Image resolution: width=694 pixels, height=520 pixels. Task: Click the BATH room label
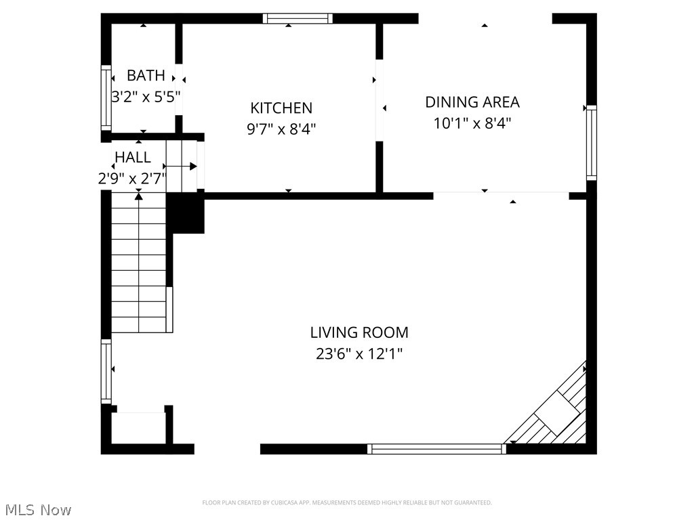146,75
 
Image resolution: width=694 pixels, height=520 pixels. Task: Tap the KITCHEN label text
281,108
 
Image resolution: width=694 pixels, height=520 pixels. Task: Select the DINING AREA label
472,102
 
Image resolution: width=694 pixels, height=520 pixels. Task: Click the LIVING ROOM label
359,332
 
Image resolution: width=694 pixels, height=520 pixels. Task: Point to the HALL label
133,157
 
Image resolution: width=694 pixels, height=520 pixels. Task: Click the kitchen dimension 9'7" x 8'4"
281,129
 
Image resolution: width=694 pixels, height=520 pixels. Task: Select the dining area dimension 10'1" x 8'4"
472,123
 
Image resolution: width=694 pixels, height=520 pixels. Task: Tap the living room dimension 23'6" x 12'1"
359,353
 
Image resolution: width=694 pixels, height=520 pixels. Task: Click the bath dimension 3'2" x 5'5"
146,96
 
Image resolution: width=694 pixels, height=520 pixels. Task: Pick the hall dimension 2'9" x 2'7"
132,178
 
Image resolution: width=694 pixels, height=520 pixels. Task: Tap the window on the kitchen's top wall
298,18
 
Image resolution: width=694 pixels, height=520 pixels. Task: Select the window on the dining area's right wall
592,143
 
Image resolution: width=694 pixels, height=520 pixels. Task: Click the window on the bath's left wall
106,97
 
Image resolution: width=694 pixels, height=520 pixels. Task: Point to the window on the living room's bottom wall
436,448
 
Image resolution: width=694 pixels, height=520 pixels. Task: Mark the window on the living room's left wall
106,371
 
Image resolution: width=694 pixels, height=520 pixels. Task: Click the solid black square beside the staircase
185,213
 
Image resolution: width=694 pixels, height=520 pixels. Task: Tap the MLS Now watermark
38,509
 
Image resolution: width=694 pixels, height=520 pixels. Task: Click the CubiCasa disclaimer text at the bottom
347,502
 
